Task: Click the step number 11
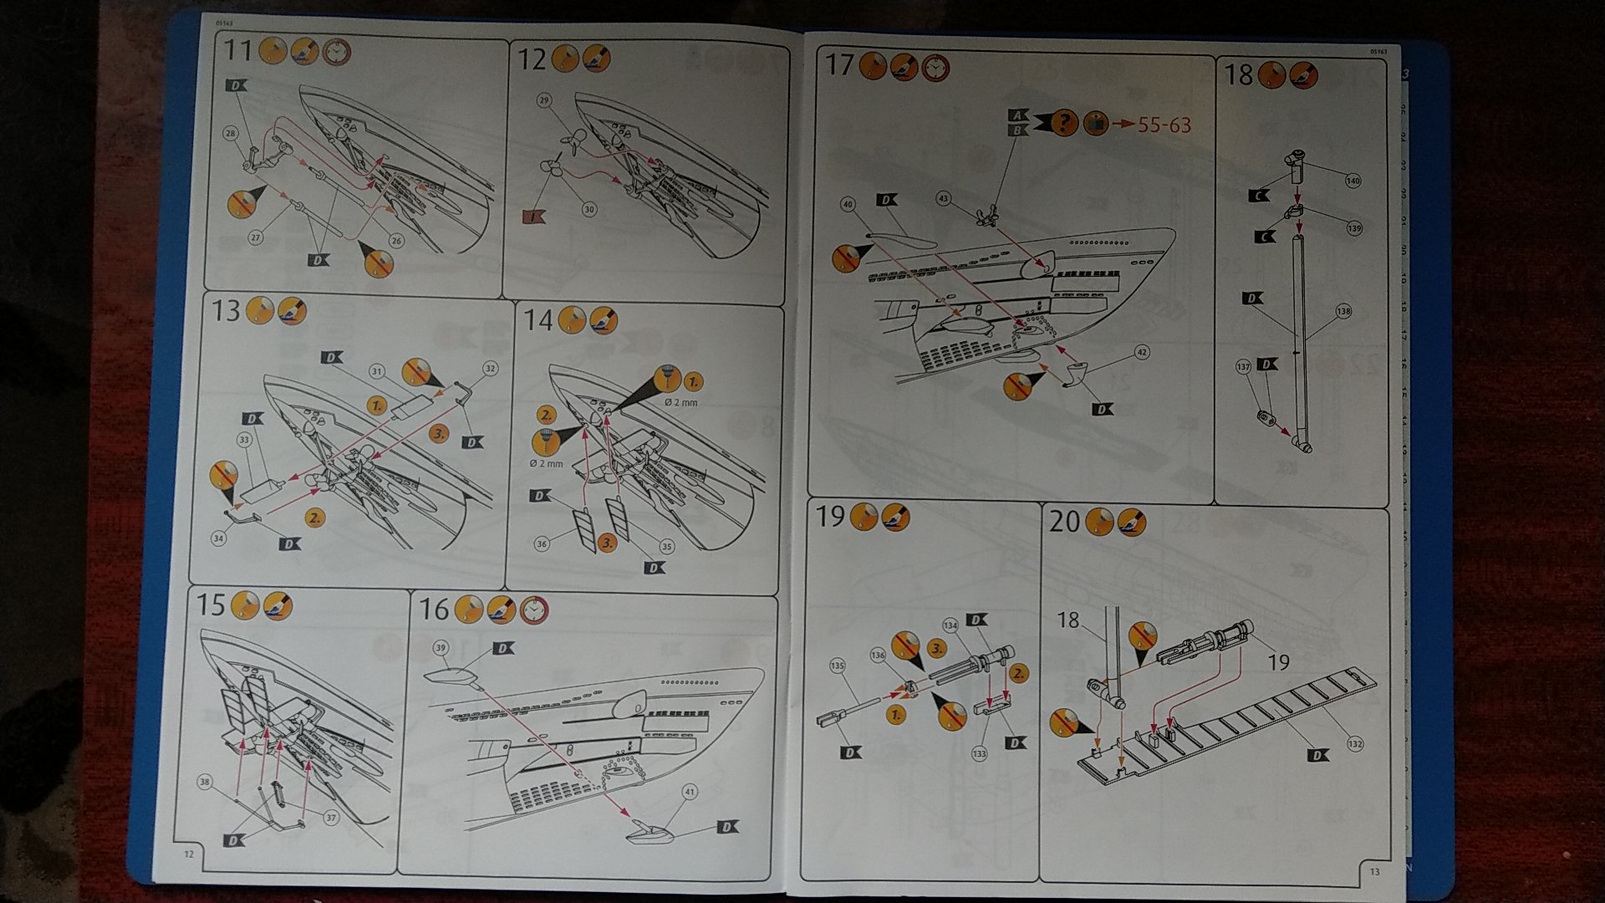(x=238, y=52)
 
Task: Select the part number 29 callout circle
(x=544, y=101)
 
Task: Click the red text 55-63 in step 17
(x=1164, y=125)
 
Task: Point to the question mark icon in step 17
(x=1063, y=123)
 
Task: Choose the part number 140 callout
(x=1353, y=180)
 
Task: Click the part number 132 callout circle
(x=1355, y=743)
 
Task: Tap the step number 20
(x=1064, y=522)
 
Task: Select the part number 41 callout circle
(x=690, y=792)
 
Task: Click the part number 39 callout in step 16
(x=441, y=648)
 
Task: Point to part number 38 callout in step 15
(x=205, y=783)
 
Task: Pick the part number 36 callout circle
(x=542, y=544)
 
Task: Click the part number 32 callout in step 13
(x=490, y=369)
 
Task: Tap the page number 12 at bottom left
(x=189, y=854)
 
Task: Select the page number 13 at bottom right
(x=1375, y=872)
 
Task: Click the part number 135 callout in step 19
(x=837, y=666)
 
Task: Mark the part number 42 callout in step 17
(x=1142, y=353)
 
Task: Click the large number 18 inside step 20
(x=1068, y=620)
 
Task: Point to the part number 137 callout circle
(x=1243, y=366)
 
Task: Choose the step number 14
(x=538, y=319)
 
